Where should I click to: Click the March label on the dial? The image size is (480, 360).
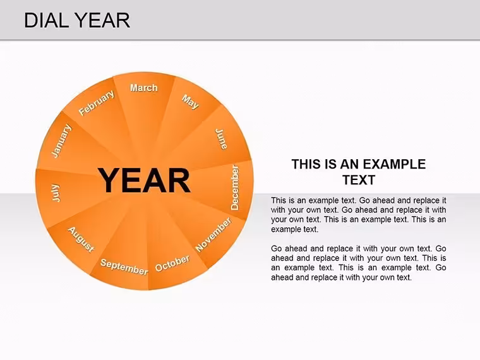click(144, 88)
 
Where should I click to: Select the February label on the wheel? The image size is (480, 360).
click(97, 103)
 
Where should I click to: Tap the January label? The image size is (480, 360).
click(61, 141)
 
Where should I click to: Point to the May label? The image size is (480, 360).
click(190, 102)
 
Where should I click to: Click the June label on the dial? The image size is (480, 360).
click(221, 140)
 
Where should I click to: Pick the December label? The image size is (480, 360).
click(234, 188)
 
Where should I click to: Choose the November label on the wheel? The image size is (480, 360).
click(213, 234)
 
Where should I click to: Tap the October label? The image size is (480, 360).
click(172, 263)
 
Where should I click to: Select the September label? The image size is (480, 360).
click(124, 267)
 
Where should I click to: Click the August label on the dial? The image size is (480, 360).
click(81, 240)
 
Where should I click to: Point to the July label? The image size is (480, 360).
click(56, 193)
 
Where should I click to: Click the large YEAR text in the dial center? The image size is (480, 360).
click(144, 181)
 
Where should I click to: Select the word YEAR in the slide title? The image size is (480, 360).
click(102, 20)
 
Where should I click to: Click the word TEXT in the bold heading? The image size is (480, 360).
click(359, 180)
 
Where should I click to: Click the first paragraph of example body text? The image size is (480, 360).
click(359, 215)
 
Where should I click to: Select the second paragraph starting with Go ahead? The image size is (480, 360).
click(359, 263)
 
